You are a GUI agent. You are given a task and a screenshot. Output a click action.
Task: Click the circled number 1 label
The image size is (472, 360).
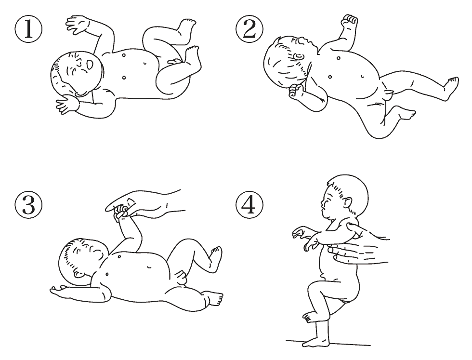[28, 29]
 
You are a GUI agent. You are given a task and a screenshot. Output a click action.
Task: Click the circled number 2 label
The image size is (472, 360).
[249, 29]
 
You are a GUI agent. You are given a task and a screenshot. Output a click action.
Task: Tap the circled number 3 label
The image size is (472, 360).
[28, 205]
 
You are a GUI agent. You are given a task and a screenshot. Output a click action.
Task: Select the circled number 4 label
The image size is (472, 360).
[249, 205]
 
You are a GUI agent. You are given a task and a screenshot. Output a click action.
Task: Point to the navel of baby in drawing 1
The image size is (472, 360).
[145, 63]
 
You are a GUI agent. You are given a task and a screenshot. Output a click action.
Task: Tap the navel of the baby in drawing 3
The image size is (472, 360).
[150, 267]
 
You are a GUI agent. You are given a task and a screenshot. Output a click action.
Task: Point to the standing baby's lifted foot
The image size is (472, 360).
[309, 317]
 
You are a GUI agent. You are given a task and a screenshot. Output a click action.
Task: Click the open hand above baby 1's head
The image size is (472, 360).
[79, 25]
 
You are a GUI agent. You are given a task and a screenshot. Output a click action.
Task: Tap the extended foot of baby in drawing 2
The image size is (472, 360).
[452, 86]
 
